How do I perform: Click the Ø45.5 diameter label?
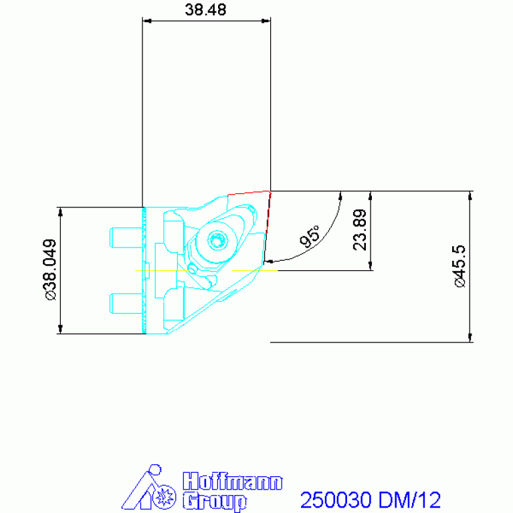coord(461,266)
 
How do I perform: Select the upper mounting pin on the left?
coord(126,236)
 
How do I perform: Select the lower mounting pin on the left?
coord(126,302)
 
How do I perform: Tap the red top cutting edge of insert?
coord(248,193)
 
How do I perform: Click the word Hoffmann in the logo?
coord(233,482)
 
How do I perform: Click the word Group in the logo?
coord(214,501)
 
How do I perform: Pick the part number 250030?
coord(336,500)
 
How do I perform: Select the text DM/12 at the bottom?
coord(410,500)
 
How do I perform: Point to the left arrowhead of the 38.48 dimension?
coord(146,21)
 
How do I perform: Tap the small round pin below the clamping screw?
coord(192,268)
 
